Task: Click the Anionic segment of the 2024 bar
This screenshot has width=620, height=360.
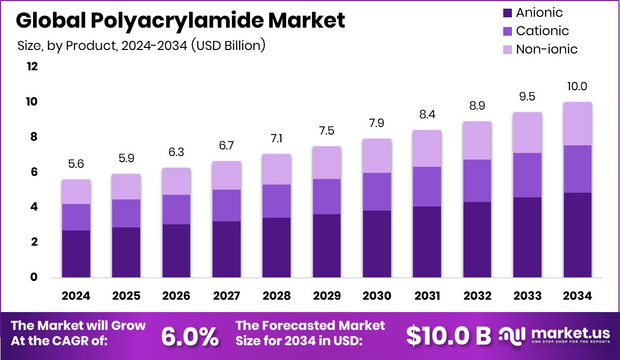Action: tap(76, 253)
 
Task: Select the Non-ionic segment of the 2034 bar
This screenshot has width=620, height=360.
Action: tap(578, 123)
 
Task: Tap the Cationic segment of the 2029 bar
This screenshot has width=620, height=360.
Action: tap(327, 196)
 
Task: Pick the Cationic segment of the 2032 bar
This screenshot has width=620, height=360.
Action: tap(477, 181)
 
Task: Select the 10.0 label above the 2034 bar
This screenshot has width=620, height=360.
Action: tap(578, 87)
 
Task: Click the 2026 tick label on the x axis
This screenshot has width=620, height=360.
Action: tap(176, 296)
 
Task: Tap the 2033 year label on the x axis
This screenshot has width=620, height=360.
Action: tap(528, 296)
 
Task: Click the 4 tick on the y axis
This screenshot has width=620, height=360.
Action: tap(34, 207)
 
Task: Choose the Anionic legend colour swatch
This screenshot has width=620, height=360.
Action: tap(507, 13)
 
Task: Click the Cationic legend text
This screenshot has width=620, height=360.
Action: tap(542, 31)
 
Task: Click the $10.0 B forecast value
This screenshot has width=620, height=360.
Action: tap(449, 335)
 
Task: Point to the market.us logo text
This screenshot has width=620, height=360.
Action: tap(570, 333)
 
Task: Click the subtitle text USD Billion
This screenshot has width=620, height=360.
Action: tap(228, 45)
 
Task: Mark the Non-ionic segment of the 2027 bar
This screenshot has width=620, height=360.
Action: tap(226, 175)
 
